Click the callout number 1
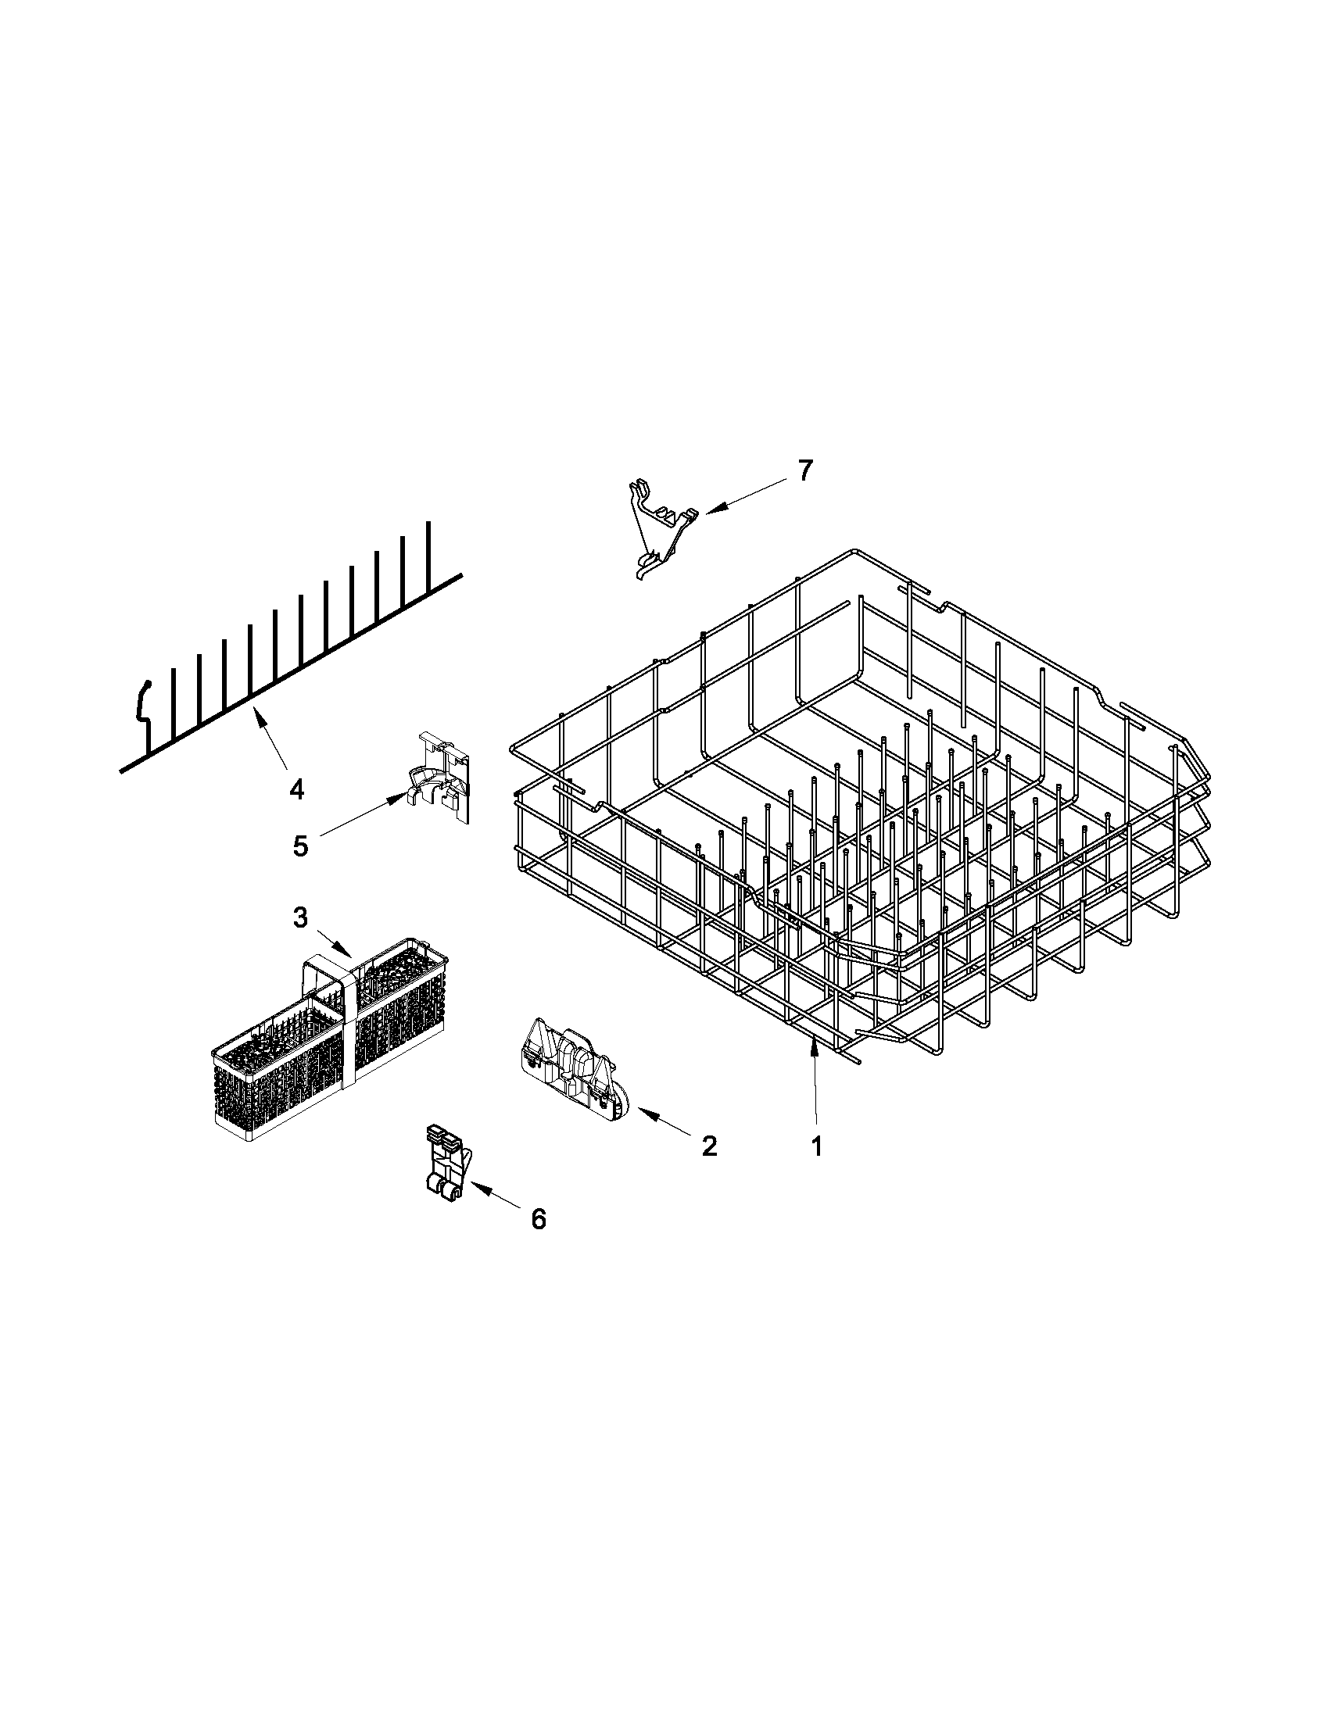coord(817,1146)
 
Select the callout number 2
coord(709,1146)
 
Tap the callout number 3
coord(300,917)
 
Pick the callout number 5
coord(300,846)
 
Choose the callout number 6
coord(538,1219)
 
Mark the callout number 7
coord(803,470)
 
